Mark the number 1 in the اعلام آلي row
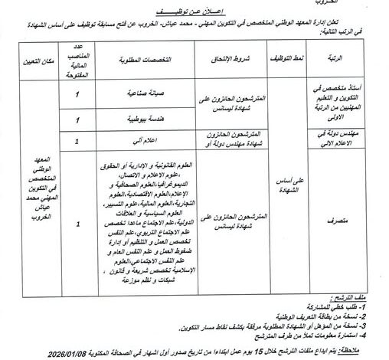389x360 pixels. [78, 141]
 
